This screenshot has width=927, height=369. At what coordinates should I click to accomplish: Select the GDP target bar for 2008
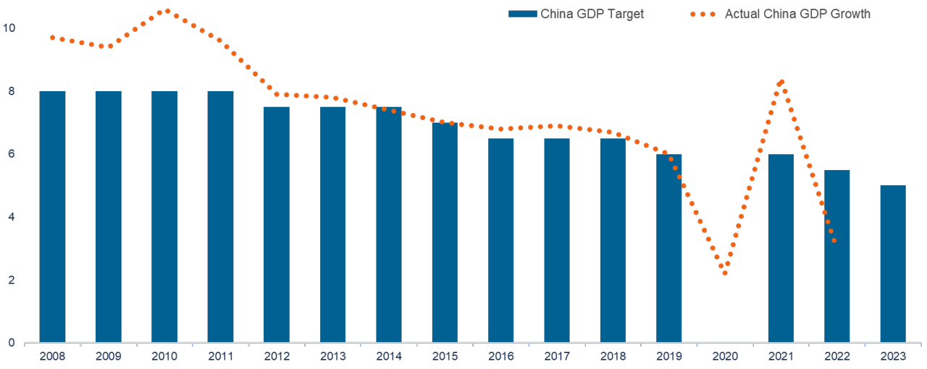point(52,217)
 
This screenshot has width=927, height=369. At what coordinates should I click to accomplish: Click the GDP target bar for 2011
point(220,217)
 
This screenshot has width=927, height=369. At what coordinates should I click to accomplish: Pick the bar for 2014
point(389,225)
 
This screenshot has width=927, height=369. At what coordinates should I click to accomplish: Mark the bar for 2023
point(893,264)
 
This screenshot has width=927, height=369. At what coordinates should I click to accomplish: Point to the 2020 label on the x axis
point(725,357)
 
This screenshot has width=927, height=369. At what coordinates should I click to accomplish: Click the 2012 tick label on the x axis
point(277,357)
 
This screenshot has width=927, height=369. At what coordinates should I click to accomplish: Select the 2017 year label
point(557,357)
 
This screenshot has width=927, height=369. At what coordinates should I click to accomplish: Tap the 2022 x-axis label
point(837,357)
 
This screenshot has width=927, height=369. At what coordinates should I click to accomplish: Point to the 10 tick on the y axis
point(10,28)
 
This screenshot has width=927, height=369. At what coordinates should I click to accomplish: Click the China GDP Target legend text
point(592,14)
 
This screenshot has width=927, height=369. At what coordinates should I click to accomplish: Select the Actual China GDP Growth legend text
point(797,14)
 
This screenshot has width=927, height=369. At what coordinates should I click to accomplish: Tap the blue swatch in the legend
point(522,14)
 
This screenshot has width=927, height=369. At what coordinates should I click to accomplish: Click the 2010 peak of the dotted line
point(167,11)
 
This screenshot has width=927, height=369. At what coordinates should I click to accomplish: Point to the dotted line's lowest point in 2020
point(725,273)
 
